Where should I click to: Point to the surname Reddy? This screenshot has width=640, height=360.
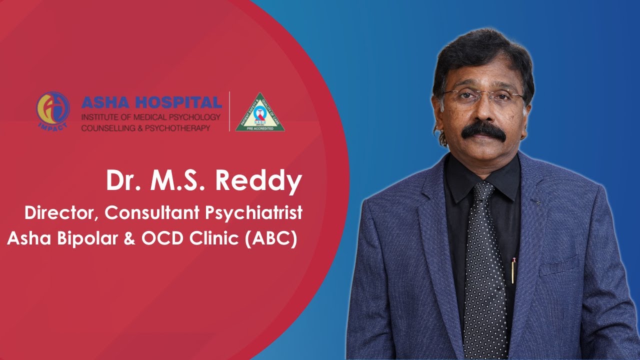point(259,181)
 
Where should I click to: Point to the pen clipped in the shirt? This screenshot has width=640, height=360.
point(513,270)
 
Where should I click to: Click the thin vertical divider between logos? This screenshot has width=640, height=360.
point(229,111)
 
